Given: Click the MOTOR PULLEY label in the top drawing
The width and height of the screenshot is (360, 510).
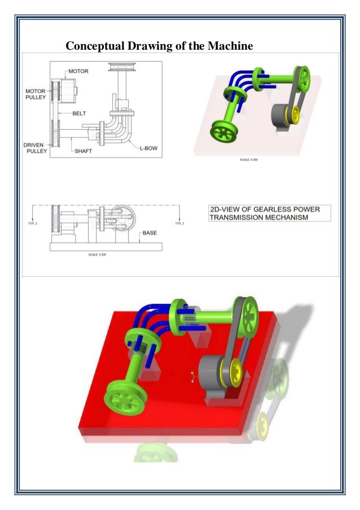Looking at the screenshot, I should coord(36,94).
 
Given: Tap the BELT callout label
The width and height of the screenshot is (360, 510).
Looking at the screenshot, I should coord(80,113).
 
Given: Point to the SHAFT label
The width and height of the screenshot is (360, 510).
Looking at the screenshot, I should coord(83,151).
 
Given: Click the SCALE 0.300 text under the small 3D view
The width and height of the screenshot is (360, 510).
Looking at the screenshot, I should coord(249,160).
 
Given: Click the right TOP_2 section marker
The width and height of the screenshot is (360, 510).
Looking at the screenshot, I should coord(179,224).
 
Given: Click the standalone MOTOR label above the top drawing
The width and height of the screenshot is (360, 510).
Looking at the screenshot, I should coord(78,72).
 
